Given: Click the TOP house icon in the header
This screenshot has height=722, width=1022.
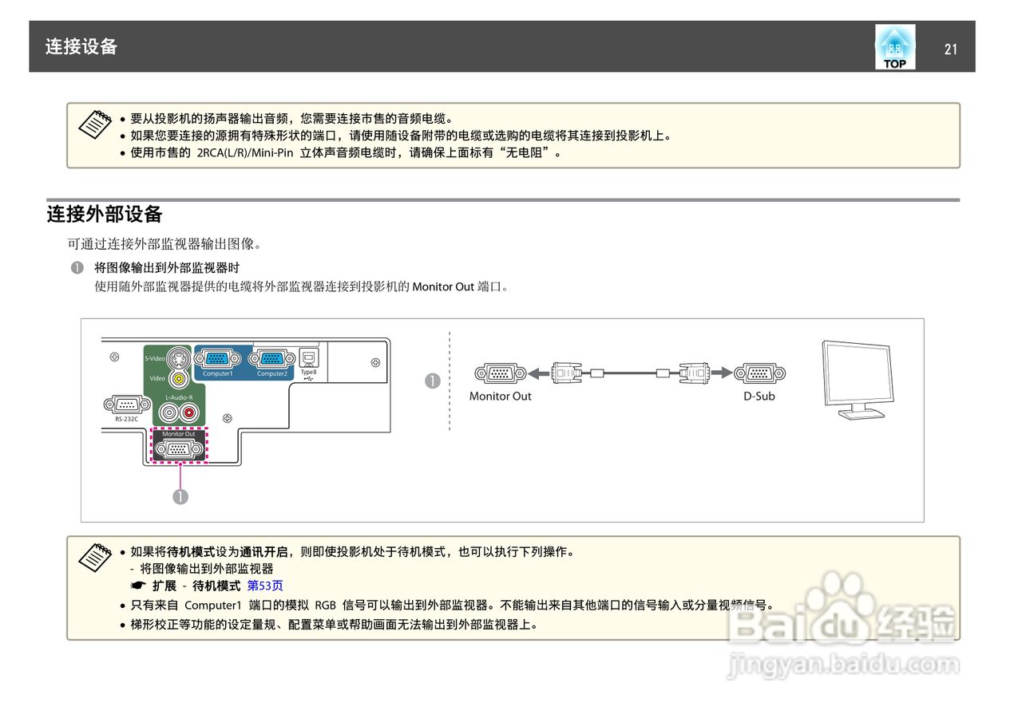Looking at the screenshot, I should tap(894, 47).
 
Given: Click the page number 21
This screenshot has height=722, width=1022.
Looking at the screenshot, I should tap(950, 49).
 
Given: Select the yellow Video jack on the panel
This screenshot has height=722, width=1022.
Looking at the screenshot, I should tap(179, 379).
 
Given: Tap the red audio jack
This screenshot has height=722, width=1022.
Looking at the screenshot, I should tap(189, 412).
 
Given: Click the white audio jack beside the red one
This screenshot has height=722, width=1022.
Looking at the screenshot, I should tap(168, 412).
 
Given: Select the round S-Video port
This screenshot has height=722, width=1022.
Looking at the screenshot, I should tap(179, 358).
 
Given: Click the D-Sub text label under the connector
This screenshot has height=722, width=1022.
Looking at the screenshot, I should tap(759, 397).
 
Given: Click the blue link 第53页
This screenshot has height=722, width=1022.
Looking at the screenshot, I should tap(265, 586).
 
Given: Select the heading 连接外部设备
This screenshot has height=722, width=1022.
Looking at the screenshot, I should tap(105, 215).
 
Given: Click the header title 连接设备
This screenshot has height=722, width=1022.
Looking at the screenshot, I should tap(81, 46).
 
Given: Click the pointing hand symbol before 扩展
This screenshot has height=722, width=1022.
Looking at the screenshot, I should tap(137, 586).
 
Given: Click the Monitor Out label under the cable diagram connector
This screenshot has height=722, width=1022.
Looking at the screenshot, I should tap(500, 397).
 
